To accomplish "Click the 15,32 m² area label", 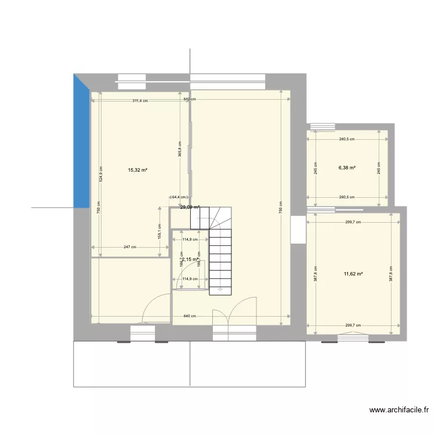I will click(137, 171).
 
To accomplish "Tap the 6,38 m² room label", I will click(347, 168).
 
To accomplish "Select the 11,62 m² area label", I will click(353, 274).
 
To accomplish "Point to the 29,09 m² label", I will click(190, 207).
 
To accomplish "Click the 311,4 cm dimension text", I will click(140, 101).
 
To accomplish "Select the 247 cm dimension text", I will click(129, 247).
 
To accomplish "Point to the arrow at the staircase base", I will click(220, 288).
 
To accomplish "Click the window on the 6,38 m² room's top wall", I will click(322, 126).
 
